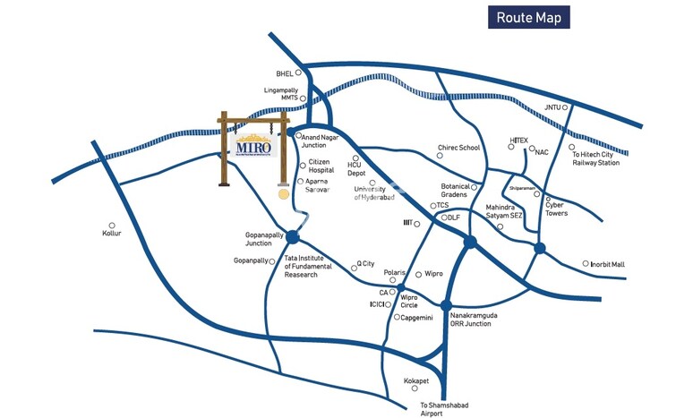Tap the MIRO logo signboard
click(x=254, y=145)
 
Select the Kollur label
click(x=112, y=235)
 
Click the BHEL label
click(x=285, y=73)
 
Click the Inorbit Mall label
click(x=608, y=264)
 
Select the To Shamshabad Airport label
click(x=445, y=408)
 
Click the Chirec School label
click(x=458, y=148)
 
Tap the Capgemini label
click(x=418, y=318)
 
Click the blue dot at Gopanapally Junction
click(x=291, y=236)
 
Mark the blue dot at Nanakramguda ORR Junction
click(x=446, y=306)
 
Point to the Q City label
click(x=365, y=264)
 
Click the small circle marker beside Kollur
click(x=112, y=226)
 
